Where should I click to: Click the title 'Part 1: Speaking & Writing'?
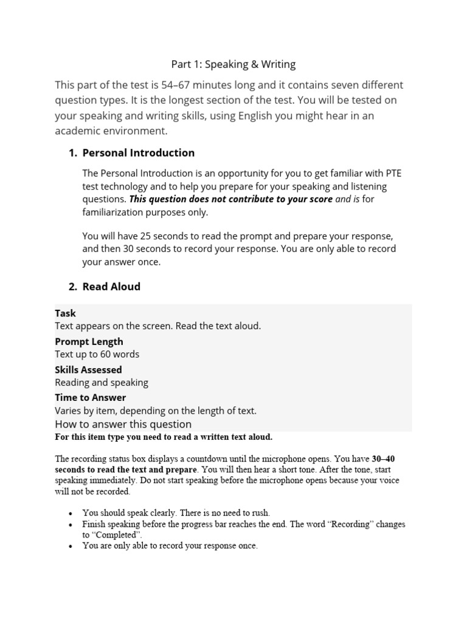pyautogui.click(x=233, y=64)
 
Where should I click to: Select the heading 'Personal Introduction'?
pyautogui.click(x=139, y=152)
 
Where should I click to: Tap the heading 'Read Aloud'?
pyautogui.click(x=111, y=286)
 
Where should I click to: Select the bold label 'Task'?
pyautogui.click(x=65, y=313)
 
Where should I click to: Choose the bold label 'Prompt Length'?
pyautogui.click(x=89, y=341)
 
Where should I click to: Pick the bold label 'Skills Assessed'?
pyautogui.click(x=88, y=369)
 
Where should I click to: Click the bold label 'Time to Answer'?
pyautogui.click(x=90, y=397)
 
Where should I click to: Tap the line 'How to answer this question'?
pyautogui.click(x=123, y=424)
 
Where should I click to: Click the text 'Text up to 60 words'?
pyautogui.click(x=97, y=354)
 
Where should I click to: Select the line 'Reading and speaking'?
pyautogui.click(x=102, y=383)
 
